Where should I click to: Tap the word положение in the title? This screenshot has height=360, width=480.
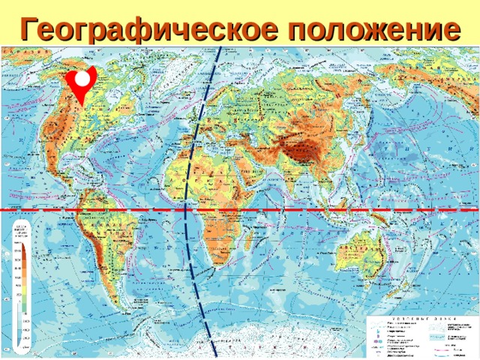[372, 28]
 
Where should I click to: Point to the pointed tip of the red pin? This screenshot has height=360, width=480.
[81, 104]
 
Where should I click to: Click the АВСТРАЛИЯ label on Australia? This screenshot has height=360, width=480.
[352, 248]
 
